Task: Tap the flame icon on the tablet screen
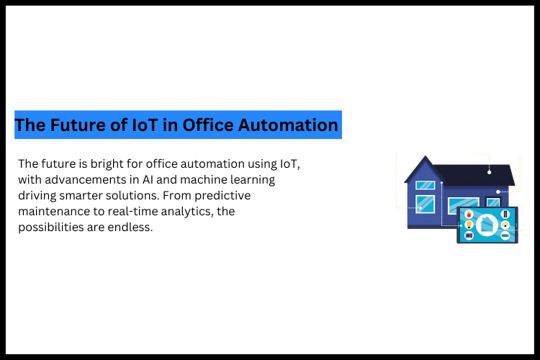coord(469,215)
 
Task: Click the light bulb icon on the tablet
coord(469,225)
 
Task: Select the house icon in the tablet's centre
coord(487,225)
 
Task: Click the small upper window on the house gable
coord(425,185)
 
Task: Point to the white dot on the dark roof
coord(490,172)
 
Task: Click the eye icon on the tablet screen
coord(505,225)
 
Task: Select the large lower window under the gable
coord(425,203)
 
